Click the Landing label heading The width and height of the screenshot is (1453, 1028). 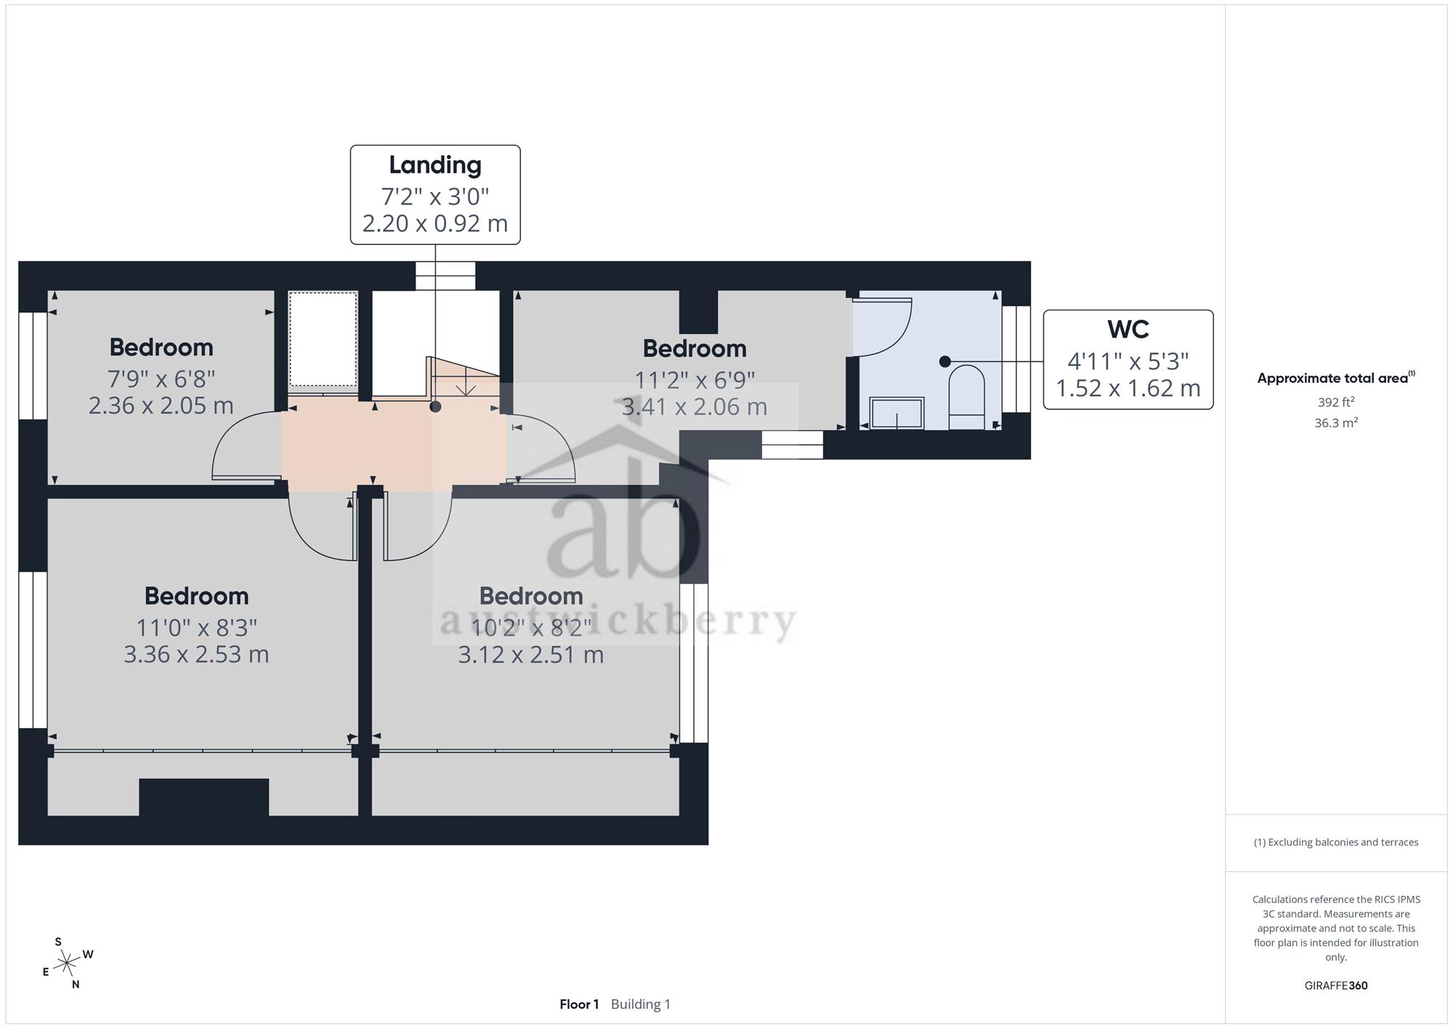pyautogui.click(x=435, y=166)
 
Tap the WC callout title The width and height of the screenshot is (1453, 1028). pyautogui.click(x=1128, y=330)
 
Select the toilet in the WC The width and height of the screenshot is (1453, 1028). pyautogui.click(x=966, y=397)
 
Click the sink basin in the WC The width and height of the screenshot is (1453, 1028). pyautogui.click(x=897, y=413)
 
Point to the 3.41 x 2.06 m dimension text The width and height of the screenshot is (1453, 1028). pyautogui.click(x=695, y=406)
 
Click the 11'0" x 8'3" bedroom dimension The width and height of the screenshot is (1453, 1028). pyautogui.click(x=196, y=627)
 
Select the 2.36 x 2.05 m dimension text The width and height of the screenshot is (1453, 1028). pyautogui.click(x=161, y=405)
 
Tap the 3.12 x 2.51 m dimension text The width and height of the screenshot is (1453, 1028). pyautogui.click(x=531, y=655)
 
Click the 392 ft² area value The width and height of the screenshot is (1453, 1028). pyautogui.click(x=1336, y=402)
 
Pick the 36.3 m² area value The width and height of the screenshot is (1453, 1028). pyautogui.click(x=1336, y=423)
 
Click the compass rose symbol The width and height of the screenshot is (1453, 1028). pyautogui.click(x=68, y=963)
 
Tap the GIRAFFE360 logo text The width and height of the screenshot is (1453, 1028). pyautogui.click(x=1336, y=986)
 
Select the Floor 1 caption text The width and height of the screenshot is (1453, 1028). pyautogui.click(x=579, y=1005)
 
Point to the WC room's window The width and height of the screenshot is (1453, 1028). pyautogui.click(x=1016, y=359)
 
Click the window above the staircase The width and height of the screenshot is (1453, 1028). pyautogui.click(x=445, y=276)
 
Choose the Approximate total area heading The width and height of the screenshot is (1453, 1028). pyautogui.click(x=1336, y=378)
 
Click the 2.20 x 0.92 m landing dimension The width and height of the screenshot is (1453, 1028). pyautogui.click(x=435, y=224)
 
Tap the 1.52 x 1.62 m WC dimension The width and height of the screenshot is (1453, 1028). pyautogui.click(x=1128, y=389)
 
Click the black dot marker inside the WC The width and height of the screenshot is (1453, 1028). pyautogui.click(x=944, y=361)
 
